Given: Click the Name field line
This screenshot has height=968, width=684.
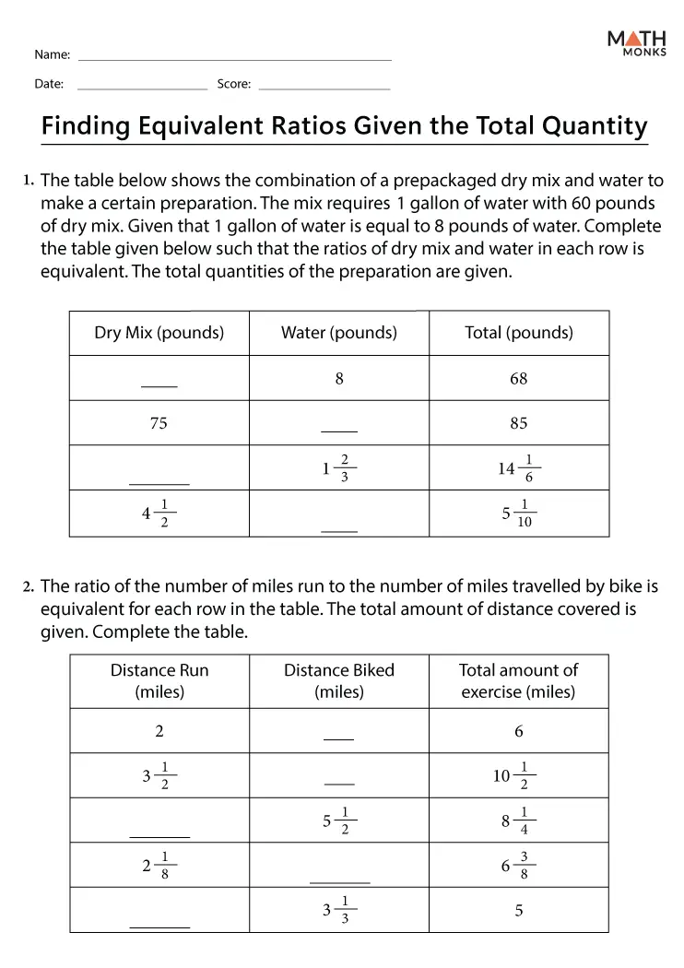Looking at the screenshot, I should tap(235, 60).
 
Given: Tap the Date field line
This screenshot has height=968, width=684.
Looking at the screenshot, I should tap(142, 89).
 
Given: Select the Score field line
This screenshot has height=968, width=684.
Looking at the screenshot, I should tap(324, 89).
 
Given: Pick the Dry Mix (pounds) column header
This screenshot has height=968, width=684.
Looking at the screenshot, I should tap(159, 333).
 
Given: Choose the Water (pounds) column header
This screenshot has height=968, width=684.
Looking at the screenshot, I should tap(339, 333).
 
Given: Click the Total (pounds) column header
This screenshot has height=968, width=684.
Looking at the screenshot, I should tap(519, 333).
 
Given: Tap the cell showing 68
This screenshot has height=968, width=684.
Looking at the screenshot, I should tap(519, 378).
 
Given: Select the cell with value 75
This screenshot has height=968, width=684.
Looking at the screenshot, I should tap(159, 423).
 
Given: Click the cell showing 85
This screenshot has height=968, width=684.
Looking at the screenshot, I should tap(519, 423).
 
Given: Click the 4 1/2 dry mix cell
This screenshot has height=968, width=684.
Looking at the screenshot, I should tap(159, 514).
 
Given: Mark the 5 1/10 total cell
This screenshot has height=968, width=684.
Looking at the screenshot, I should tap(519, 514).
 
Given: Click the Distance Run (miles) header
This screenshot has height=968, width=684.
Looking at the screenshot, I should tap(159, 681).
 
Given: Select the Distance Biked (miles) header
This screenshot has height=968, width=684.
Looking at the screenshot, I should tap(339, 681).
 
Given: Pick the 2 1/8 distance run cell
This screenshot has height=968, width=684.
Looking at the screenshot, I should tap(159, 866).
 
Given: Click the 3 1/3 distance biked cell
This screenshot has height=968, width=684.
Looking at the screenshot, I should tap(339, 910).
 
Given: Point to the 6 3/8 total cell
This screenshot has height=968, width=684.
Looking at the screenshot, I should tap(519, 866).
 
